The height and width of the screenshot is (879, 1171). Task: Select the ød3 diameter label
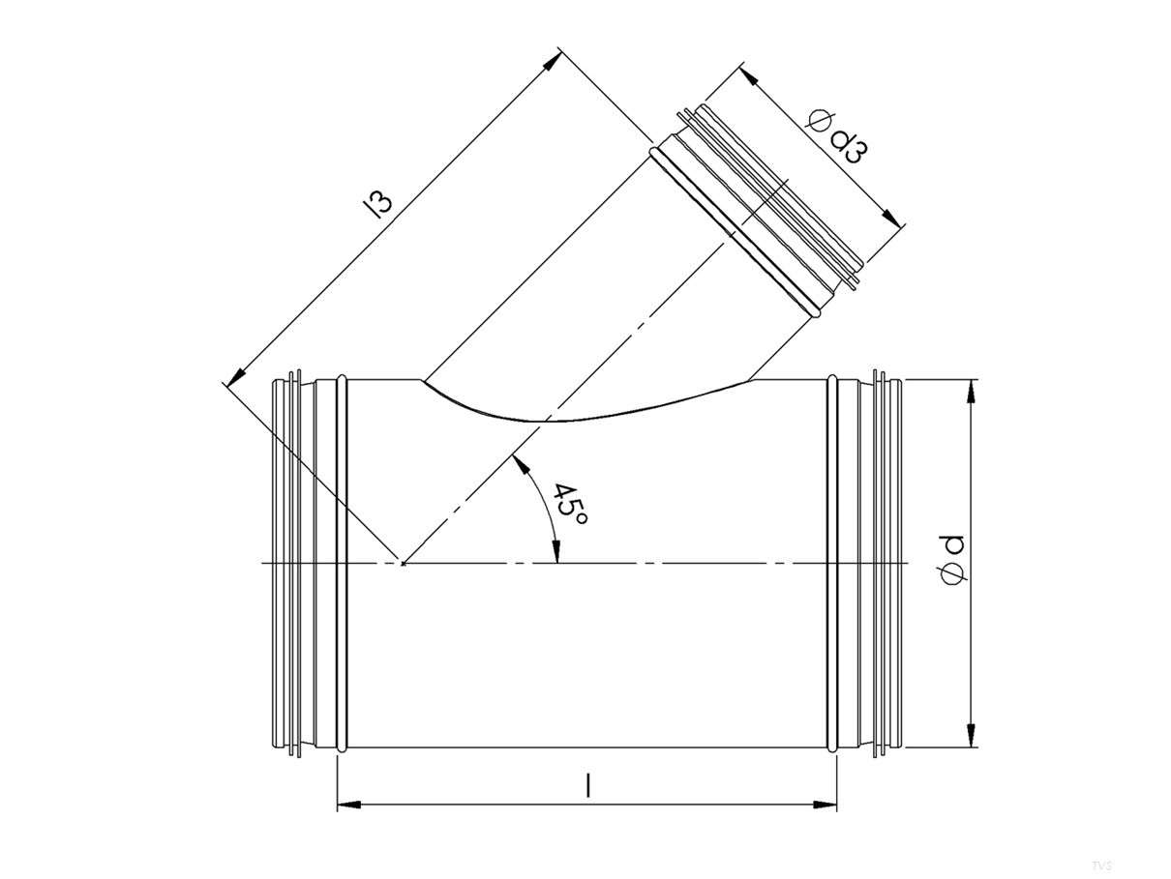point(836,136)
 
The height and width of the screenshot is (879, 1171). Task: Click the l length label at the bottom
point(587,786)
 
